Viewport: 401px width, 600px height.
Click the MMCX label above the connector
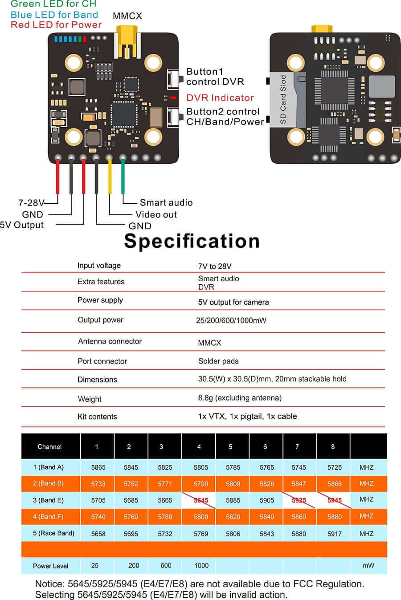127,16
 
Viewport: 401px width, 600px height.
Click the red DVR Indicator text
220,98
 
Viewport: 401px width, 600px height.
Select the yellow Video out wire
110,178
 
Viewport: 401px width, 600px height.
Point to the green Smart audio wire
123,178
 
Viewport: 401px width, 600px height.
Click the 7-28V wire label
31,203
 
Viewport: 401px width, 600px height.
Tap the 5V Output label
22,225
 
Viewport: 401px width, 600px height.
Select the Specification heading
192,241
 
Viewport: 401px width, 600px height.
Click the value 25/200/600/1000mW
231,320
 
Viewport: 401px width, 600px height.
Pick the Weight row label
90,399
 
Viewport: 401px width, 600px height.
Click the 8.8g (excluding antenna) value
240,398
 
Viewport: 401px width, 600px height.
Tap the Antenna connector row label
110,342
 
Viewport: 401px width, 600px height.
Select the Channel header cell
49,447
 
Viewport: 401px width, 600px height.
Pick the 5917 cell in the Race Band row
334,534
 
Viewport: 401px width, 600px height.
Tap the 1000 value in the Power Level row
201,565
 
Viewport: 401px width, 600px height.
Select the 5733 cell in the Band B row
98,484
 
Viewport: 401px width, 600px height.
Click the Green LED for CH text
53,4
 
